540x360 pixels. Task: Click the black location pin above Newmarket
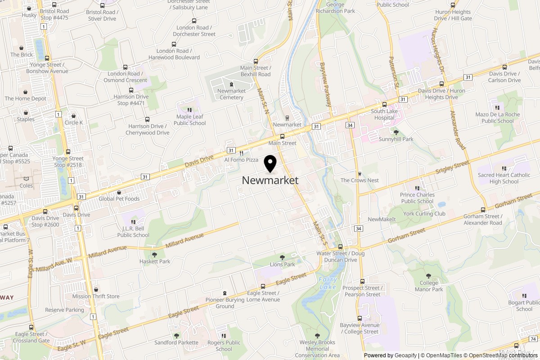coord(270,163)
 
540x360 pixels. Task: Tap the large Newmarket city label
coord(270,180)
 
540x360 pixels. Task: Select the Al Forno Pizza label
coord(241,160)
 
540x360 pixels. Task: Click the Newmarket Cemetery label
coord(231,94)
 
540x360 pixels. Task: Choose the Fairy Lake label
coord(327,283)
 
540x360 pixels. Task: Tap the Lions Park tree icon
coord(283,257)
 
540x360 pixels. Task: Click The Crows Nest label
coord(360,180)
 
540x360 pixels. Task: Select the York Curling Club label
coord(424,214)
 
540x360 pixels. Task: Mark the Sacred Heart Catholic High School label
coord(504,178)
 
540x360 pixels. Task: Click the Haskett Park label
coord(155,261)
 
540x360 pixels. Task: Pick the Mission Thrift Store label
coord(96,296)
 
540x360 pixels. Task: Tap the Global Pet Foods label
coord(119,198)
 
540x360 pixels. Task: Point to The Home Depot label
coord(26,99)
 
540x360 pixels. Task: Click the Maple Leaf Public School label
coord(190,120)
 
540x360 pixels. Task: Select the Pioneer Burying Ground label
coord(225,303)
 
